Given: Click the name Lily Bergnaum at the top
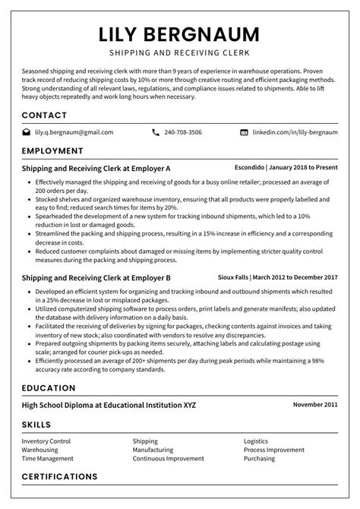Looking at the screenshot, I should point(179,34).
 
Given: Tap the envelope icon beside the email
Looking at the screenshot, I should point(27,132).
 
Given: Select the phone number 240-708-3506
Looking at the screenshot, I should point(184,132).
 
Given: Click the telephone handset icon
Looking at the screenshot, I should point(156,132).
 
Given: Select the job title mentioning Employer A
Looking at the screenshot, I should point(96,168).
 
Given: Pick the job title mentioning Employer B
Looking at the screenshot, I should point(96,278).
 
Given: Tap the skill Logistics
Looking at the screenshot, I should point(256,441).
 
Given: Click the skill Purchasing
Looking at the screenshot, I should point(259,459).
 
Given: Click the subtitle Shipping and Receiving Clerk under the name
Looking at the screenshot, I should point(179,54).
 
